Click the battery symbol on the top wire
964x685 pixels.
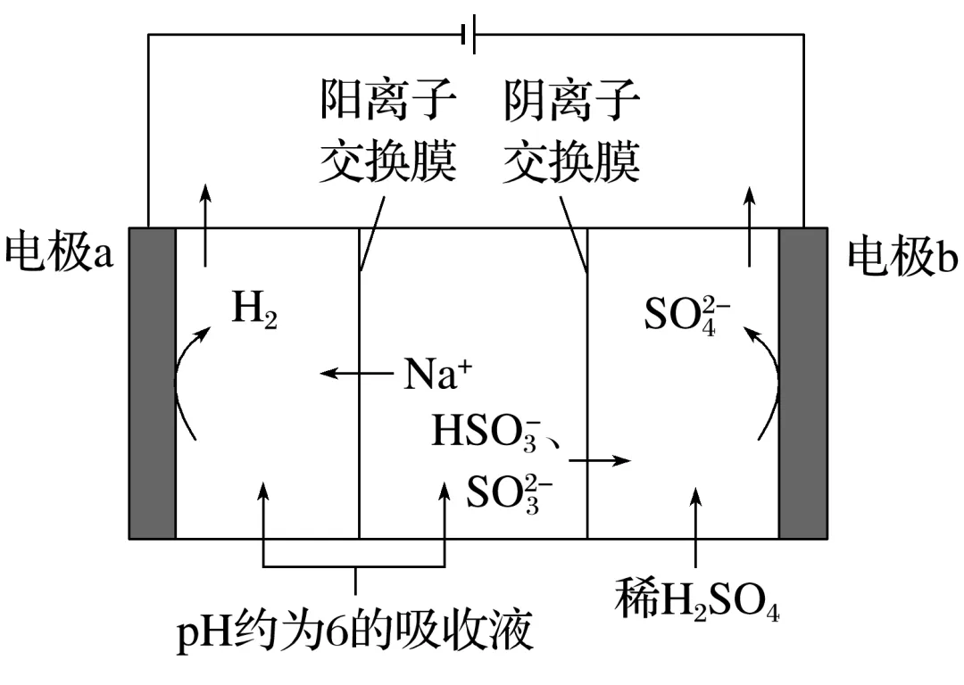[468, 34]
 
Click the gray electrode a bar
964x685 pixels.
[153, 384]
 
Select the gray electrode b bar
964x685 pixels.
[803, 384]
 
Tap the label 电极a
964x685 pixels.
[59, 253]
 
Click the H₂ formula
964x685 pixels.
[254, 311]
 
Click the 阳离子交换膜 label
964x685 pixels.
[388, 134]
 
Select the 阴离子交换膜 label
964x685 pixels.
[571, 134]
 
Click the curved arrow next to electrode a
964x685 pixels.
[189, 384]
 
